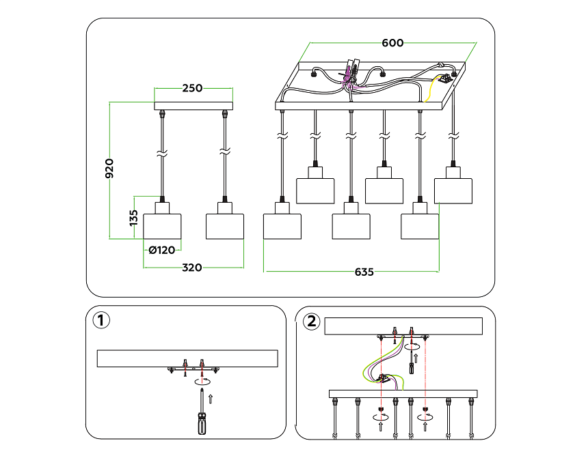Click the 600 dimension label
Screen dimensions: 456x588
point(392,43)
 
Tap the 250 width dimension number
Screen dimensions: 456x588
point(193,88)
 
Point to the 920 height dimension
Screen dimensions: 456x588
point(109,168)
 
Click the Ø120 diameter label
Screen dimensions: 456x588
point(162,251)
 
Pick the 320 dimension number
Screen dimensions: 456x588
point(192,268)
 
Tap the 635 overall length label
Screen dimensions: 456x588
point(364,272)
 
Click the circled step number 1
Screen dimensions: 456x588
point(101,320)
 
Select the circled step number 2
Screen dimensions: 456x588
point(312,320)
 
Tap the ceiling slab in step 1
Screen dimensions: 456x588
point(187,358)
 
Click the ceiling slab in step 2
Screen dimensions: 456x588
point(403,327)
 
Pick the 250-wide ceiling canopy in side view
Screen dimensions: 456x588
point(193,106)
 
